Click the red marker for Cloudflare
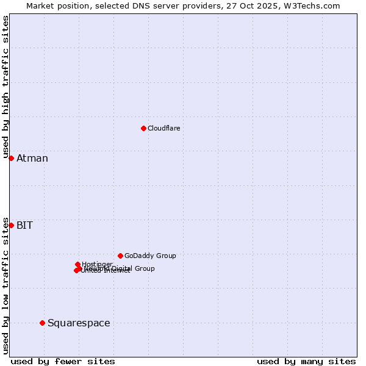tap(143, 128)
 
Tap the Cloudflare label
tap(163, 128)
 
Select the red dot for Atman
tap(11, 158)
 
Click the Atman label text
tap(32, 159)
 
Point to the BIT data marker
tap(11, 225)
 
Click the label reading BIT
tap(24, 226)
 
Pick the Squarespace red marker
tap(42, 323)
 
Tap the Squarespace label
tap(79, 323)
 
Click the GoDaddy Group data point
tap(120, 256)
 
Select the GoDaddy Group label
tap(150, 256)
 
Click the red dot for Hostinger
tap(77, 264)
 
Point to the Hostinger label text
tap(97, 264)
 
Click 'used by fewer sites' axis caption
tap(63, 361)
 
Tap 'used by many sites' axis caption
tap(306, 361)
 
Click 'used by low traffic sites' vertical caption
tap(5, 285)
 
